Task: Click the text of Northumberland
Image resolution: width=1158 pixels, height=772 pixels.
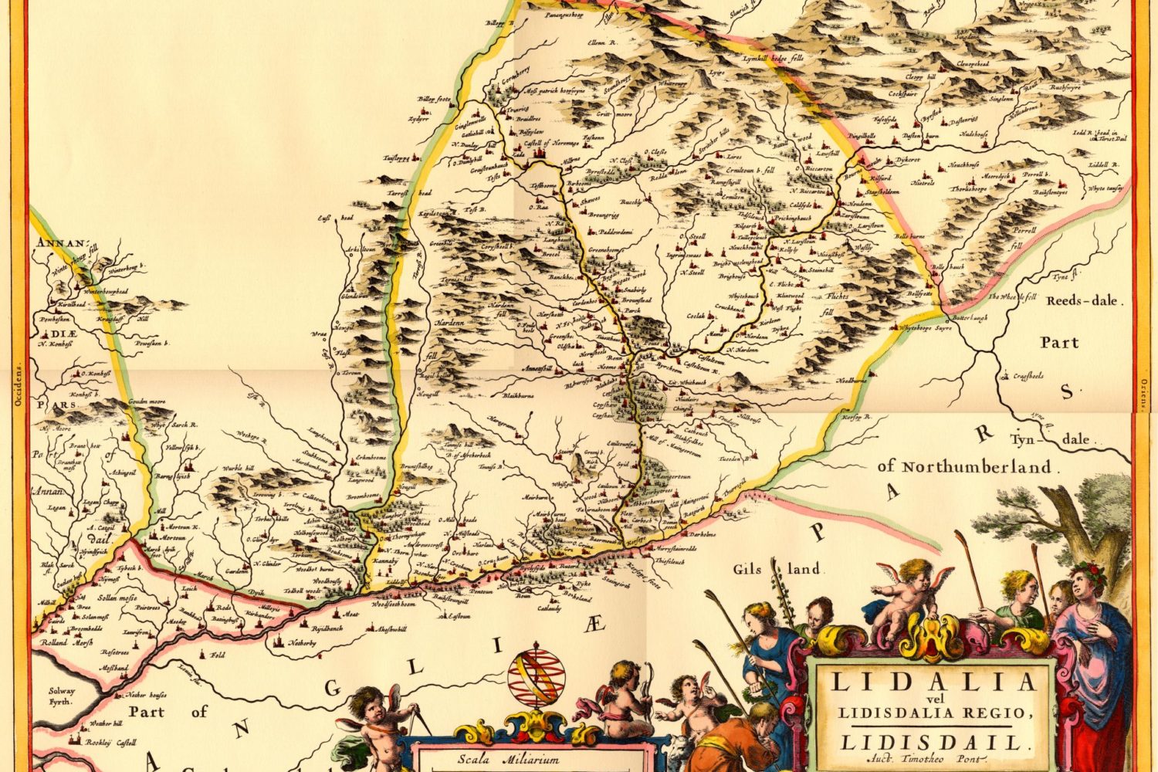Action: (x=964, y=466)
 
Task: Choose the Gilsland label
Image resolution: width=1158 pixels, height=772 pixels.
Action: (x=777, y=570)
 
